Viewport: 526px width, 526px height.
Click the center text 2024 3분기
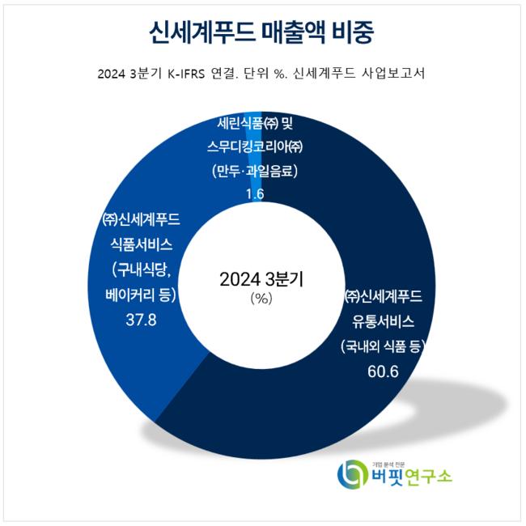pyautogui.click(x=261, y=280)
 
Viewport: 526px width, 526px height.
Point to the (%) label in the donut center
pyautogui.click(x=261, y=298)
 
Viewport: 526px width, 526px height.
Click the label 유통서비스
pyautogui.click(x=383, y=320)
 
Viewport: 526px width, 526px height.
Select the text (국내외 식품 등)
pyautogui.click(x=383, y=346)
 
